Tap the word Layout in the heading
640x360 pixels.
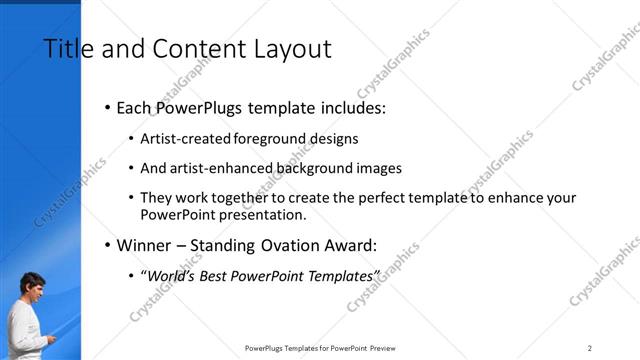tap(291, 49)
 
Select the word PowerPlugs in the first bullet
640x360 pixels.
tap(206, 107)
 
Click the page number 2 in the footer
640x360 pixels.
tap(590, 348)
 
